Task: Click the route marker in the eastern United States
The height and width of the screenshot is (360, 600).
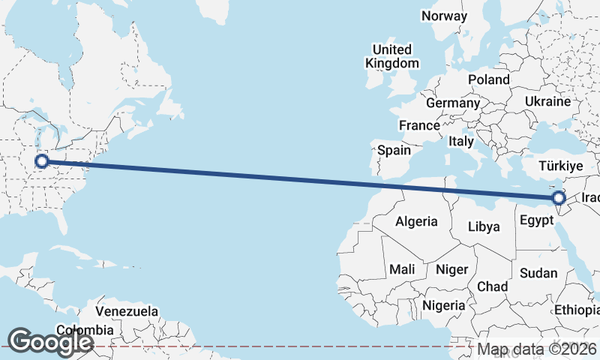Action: coord(42,160)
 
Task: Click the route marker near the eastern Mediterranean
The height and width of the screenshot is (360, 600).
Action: coord(558,198)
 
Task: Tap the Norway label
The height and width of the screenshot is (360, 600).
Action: coord(444,16)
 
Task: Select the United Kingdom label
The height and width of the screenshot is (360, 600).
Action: coord(392,56)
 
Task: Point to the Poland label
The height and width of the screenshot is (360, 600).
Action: coord(488,79)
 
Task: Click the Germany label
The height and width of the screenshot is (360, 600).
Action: coord(452,103)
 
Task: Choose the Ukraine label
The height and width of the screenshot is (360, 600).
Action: coord(547,101)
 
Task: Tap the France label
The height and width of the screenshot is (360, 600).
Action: coord(418,125)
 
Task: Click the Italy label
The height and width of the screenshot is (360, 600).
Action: coord(460,141)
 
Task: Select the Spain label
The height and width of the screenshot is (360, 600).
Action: coord(394,150)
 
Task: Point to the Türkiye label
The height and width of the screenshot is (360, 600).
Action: coord(561,166)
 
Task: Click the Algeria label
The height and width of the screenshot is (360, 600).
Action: coord(416,221)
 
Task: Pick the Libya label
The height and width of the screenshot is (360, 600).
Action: coord(484,226)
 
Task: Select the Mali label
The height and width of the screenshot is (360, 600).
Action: coord(402,269)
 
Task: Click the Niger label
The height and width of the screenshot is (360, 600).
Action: coord(451,269)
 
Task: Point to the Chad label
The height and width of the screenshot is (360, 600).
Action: coord(492,286)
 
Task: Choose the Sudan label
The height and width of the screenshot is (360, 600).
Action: coord(538,273)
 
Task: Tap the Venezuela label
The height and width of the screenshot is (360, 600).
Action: coord(127,310)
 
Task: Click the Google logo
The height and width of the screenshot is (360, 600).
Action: coord(49,341)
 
